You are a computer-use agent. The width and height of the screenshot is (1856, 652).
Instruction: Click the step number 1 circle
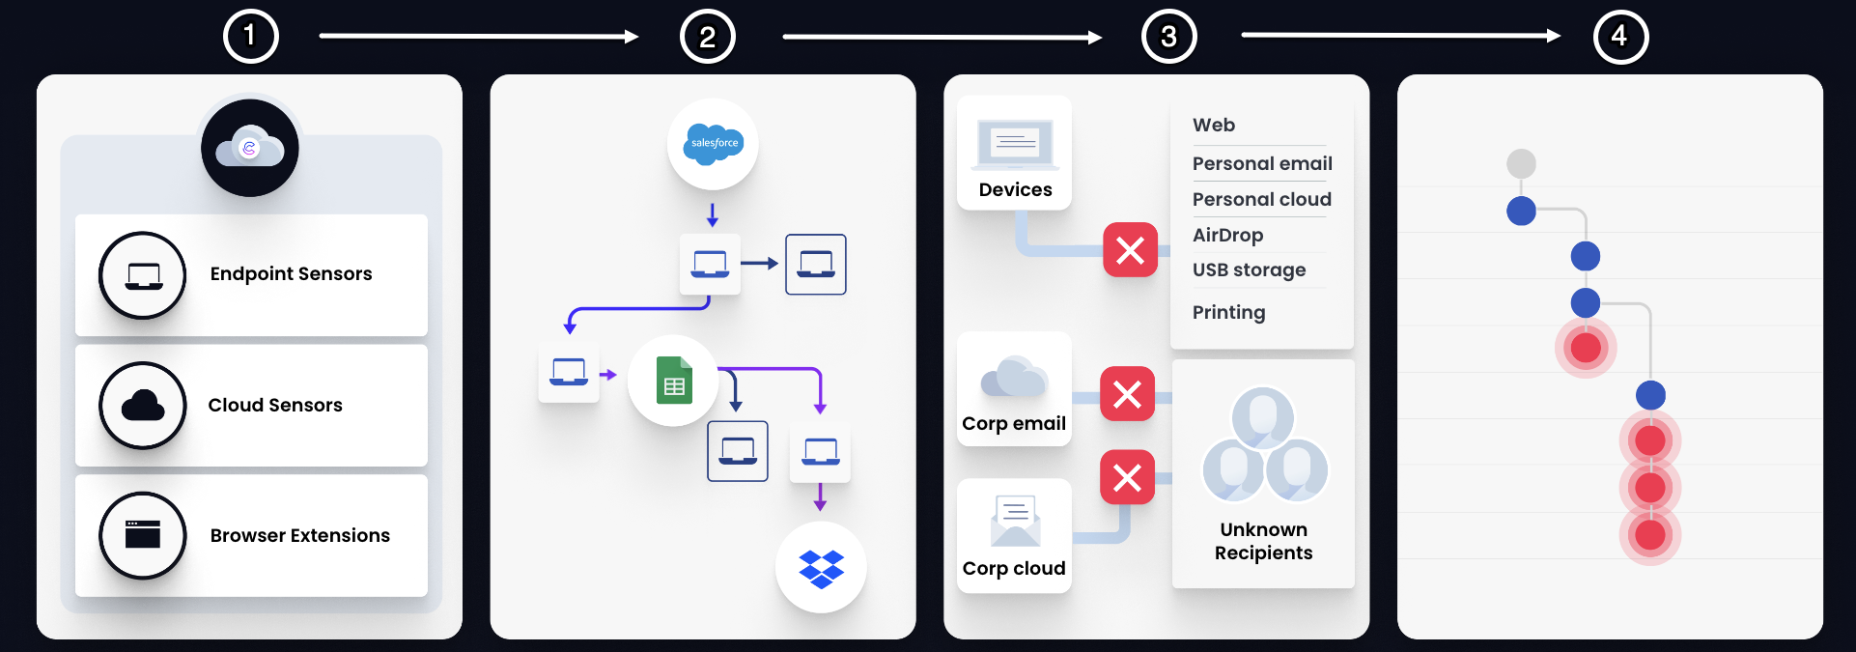pyautogui.click(x=250, y=37)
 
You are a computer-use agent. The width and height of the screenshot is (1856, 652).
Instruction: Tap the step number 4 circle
pyautogui.click(x=1620, y=37)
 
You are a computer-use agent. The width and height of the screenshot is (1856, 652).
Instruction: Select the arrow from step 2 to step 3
pyautogui.click(x=942, y=38)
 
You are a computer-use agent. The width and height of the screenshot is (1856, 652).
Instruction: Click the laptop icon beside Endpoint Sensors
pyautogui.click(x=143, y=275)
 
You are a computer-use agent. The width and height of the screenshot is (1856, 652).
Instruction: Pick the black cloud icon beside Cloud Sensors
pyautogui.click(x=143, y=406)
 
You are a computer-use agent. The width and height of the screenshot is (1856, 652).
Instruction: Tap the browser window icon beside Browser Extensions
pyautogui.click(x=143, y=535)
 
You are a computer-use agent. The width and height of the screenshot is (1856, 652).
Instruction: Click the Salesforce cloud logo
pyautogui.click(x=713, y=144)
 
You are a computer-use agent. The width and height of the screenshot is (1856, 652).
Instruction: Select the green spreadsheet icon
pyautogui.click(x=674, y=380)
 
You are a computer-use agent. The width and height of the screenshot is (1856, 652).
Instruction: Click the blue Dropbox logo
pyautogui.click(x=821, y=568)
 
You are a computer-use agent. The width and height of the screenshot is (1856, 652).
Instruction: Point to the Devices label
pyautogui.click(x=1015, y=190)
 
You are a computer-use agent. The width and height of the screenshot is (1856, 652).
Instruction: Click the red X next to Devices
pyautogui.click(x=1130, y=250)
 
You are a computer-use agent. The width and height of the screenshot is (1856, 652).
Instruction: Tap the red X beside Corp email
pyautogui.click(x=1127, y=393)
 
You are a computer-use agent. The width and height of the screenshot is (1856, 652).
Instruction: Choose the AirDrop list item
pyautogui.click(x=1227, y=235)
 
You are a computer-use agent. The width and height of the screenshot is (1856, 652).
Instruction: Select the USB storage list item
pyautogui.click(x=1249, y=270)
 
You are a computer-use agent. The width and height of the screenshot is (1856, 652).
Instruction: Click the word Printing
pyautogui.click(x=1228, y=312)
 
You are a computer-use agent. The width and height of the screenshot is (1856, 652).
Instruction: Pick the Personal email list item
pyautogui.click(x=1261, y=163)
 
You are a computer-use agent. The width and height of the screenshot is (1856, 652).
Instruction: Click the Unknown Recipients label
pyautogui.click(x=1263, y=541)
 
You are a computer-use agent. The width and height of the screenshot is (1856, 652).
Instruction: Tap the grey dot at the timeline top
pyautogui.click(x=1521, y=163)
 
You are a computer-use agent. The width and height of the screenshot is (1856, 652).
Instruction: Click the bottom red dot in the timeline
pyautogui.click(x=1650, y=534)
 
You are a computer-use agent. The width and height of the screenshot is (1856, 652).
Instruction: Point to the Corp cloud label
pyautogui.click(x=1014, y=568)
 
